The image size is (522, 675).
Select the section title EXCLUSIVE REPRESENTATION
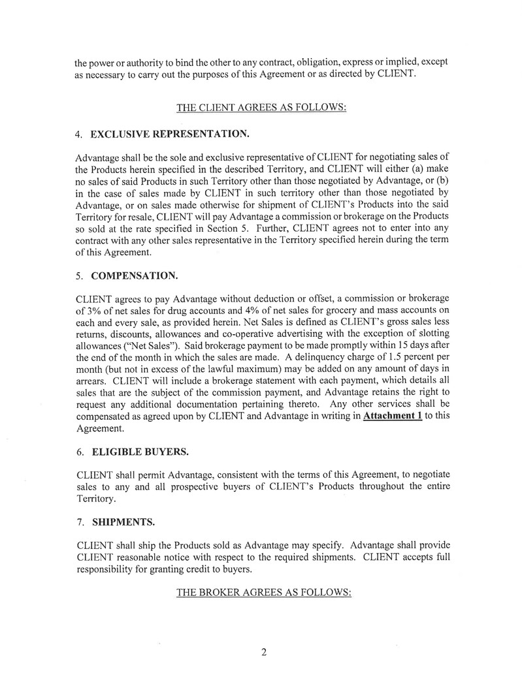pyautogui.click(x=169, y=134)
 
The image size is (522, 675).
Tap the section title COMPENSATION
pyautogui.click(x=133, y=276)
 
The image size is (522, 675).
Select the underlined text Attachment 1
pyautogui.click(x=392, y=416)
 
